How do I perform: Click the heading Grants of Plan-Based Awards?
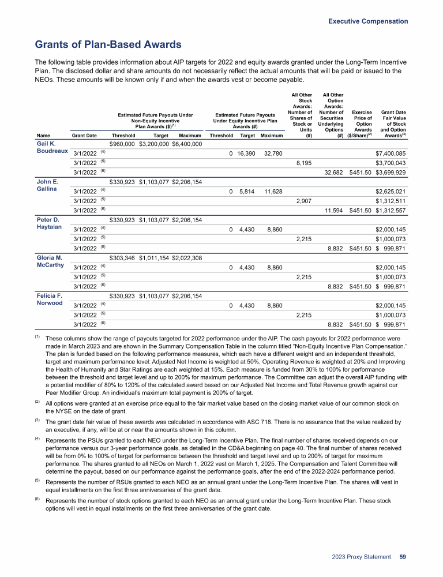(108, 44)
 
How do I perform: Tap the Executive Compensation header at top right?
(368, 21)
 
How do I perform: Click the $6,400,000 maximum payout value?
(187, 144)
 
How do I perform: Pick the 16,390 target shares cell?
(247, 153)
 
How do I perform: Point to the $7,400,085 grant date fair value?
(391, 153)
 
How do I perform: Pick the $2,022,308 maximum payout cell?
(187, 258)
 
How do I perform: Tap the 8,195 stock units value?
(304, 163)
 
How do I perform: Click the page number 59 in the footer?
(403, 557)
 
